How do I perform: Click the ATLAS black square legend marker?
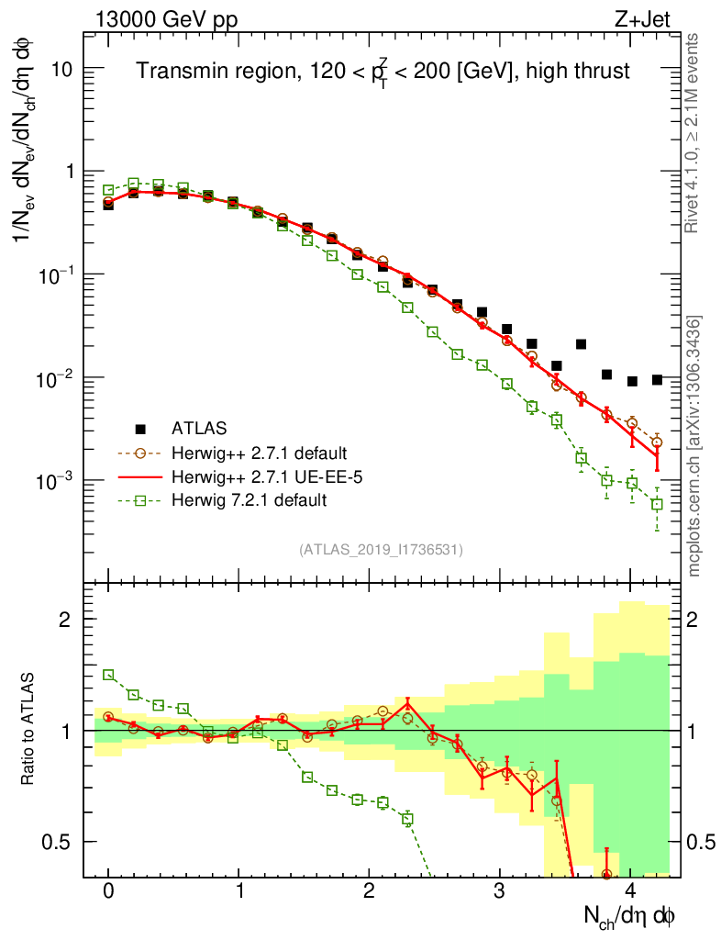140,427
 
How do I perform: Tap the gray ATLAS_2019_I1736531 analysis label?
381,550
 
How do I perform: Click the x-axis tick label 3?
500,891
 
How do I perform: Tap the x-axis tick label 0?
108,891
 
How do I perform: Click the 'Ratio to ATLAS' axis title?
30,730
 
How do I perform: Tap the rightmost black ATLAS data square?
657,379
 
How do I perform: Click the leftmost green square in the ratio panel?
108,675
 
